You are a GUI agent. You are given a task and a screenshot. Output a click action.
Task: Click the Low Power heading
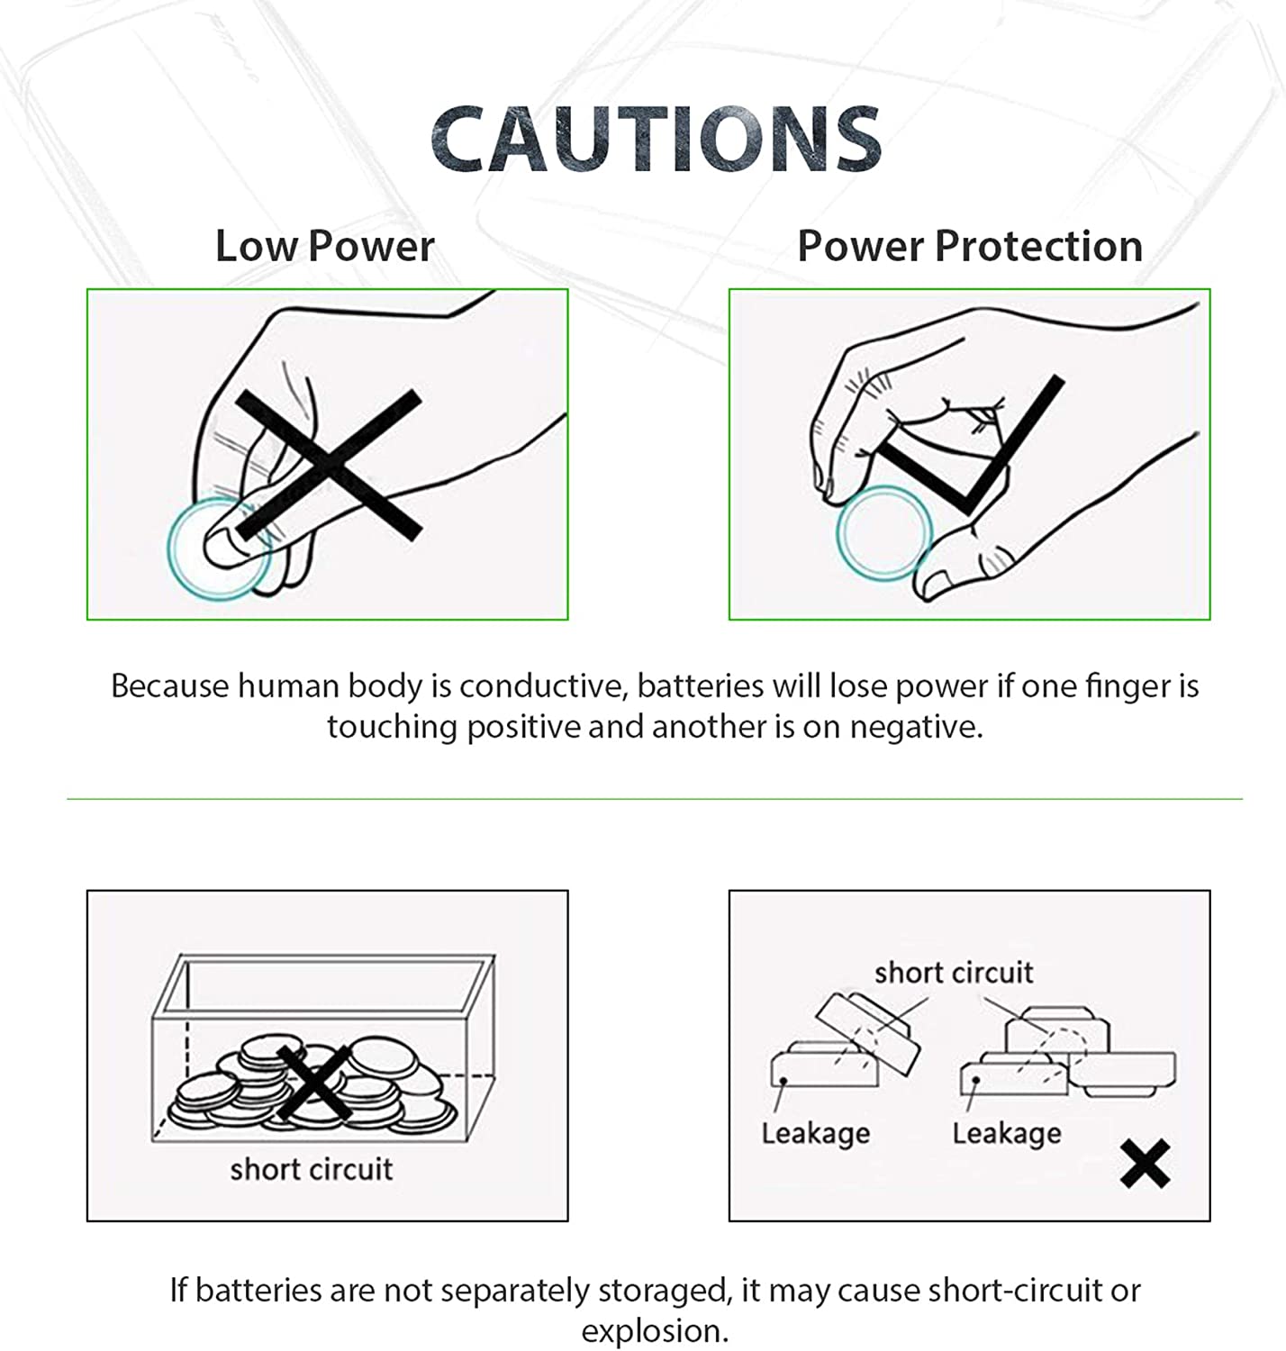tap(324, 246)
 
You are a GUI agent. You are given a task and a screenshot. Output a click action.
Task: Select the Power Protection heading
tap(970, 246)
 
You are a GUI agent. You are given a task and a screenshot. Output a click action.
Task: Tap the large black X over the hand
tap(329, 466)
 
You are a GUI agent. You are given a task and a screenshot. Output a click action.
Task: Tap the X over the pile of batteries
tap(315, 1084)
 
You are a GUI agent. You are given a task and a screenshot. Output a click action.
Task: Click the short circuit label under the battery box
tap(312, 1169)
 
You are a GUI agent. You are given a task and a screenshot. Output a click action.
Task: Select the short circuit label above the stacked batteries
tap(954, 973)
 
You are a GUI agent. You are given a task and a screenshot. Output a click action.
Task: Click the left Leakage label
tap(816, 1133)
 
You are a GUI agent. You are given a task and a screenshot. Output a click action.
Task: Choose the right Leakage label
tap(1007, 1133)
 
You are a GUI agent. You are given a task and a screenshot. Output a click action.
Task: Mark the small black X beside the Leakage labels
tap(1146, 1164)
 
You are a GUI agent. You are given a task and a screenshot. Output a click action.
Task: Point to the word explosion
tap(655, 1332)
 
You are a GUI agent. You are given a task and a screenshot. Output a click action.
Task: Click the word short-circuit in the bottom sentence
tap(1015, 1290)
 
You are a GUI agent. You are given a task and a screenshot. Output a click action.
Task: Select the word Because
tap(170, 685)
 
